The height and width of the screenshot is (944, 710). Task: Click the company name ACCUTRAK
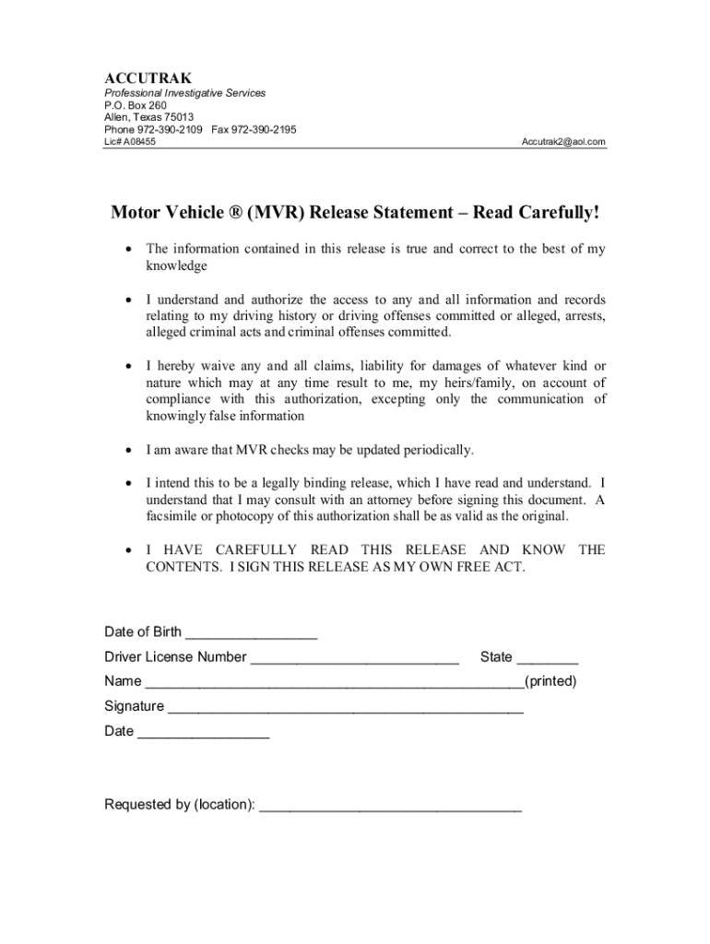pos(148,78)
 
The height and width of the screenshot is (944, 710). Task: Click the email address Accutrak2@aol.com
pos(563,142)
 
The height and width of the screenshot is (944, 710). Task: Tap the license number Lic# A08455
pos(130,142)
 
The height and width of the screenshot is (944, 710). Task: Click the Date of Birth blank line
pos(252,633)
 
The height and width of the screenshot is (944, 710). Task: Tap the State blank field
pos(548,658)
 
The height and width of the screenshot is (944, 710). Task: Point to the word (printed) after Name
pos(550,682)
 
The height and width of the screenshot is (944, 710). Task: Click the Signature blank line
pos(346,708)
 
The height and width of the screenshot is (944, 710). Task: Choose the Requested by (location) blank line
pos(390,806)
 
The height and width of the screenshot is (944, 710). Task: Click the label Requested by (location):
pos(180,805)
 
